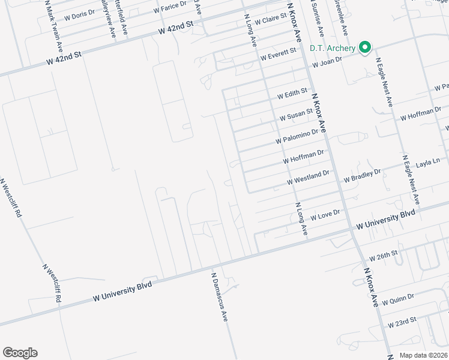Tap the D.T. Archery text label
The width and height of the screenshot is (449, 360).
[333, 48]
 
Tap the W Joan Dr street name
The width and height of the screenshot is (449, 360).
[326, 61]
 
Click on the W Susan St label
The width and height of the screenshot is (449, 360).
[297, 113]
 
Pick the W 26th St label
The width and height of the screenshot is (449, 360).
[384, 254]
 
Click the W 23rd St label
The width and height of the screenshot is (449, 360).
[402, 323]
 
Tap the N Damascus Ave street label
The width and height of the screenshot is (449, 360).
[219, 297]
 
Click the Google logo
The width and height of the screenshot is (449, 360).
[20, 352]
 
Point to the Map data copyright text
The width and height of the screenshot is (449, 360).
[423, 355]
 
